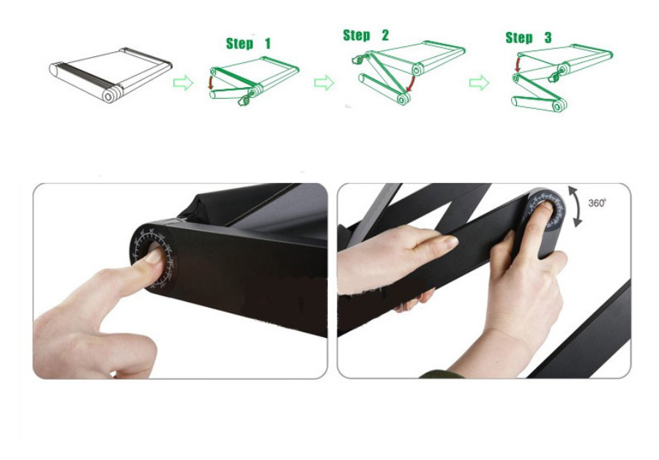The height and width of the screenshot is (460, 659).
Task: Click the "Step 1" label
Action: (248, 43)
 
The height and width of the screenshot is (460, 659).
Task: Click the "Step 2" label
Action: (365, 35)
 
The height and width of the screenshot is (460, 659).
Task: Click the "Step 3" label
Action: (528, 38)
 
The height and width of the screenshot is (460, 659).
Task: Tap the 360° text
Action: (597, 203)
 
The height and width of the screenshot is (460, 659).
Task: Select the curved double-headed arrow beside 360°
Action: (578, 206)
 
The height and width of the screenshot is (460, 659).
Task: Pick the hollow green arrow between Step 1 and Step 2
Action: (324, 82)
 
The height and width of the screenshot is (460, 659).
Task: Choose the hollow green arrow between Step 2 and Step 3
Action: (479, 83)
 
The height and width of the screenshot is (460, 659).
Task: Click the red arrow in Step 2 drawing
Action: (411, 84)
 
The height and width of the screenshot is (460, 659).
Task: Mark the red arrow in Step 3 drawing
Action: (518, 65)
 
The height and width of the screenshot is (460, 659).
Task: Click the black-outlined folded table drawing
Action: (111, 75)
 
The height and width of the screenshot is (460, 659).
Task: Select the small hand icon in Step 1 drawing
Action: (244, 100)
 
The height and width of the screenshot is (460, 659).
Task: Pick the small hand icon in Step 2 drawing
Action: (357, 59)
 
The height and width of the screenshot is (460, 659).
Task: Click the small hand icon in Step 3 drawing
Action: (554, 76)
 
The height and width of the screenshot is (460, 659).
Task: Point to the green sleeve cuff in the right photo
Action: (442, 374)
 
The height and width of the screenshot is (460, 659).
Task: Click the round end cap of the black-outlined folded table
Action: (108, 96)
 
